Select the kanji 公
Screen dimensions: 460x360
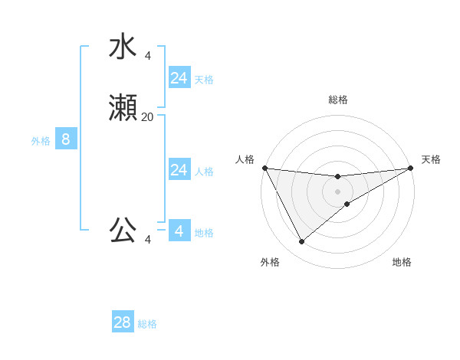point(123,230)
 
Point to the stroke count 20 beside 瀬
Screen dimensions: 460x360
point(147,117)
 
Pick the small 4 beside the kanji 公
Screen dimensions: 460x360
point(147,240)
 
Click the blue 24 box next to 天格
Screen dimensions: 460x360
point(179,78)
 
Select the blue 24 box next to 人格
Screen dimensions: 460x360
point(179,170)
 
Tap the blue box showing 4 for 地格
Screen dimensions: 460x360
point(179,231)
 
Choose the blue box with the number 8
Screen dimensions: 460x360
point(66,139)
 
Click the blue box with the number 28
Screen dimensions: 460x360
point(123,322)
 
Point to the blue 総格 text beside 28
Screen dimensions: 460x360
point(147,324)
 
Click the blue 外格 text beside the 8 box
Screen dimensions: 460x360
point(41,141)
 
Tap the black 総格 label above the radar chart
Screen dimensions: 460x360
point(337,100)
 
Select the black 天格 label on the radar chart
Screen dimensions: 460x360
point(431,159)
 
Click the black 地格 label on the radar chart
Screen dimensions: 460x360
point(402,262)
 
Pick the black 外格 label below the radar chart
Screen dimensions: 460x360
point(270,262)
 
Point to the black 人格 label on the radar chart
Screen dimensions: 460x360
point(245,159)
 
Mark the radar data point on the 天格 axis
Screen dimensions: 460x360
point(411,168)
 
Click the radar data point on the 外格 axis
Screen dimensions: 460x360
point(301,242)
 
